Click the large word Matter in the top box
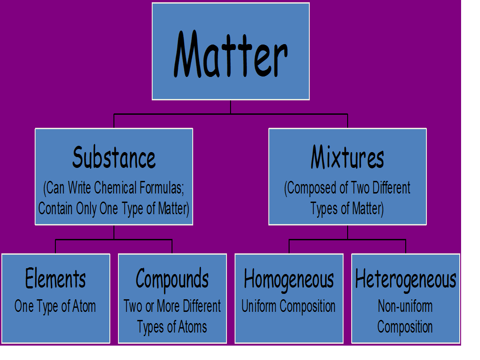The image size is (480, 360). pos(231,54)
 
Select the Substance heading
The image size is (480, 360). pos(114,157)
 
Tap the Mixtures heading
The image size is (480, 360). pos(348,157)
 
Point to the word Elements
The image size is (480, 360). pos(55,278)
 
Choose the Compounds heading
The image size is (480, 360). pos(172,279)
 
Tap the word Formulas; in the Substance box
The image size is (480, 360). pos(162,188)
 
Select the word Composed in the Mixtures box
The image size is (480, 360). pos(312,188)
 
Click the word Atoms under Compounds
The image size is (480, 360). pos(193,327)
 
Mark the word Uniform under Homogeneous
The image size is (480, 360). pos(258,306)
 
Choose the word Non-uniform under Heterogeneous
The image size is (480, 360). pos(405,306)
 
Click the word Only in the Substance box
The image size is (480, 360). pos(86,209)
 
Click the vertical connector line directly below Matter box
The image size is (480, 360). pos(231,107)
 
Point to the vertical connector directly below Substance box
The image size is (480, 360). pos(114,233)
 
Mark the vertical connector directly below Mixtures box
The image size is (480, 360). pos(348,233)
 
